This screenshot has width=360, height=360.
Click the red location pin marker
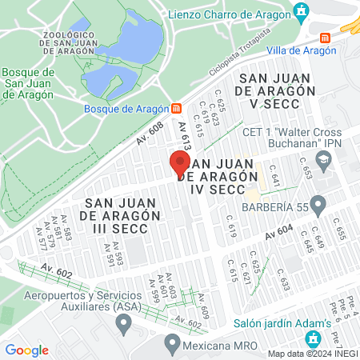tap(178, 164)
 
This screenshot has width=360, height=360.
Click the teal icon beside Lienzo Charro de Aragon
tap(301, 11)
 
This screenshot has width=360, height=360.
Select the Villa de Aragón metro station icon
tap(325, 38)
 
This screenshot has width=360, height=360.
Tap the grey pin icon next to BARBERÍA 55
tap(318, 206)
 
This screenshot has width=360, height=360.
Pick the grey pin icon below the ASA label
tap(123, 324)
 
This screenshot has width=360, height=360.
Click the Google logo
tap(27, 350)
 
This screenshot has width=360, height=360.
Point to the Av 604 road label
tap(281, 231)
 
